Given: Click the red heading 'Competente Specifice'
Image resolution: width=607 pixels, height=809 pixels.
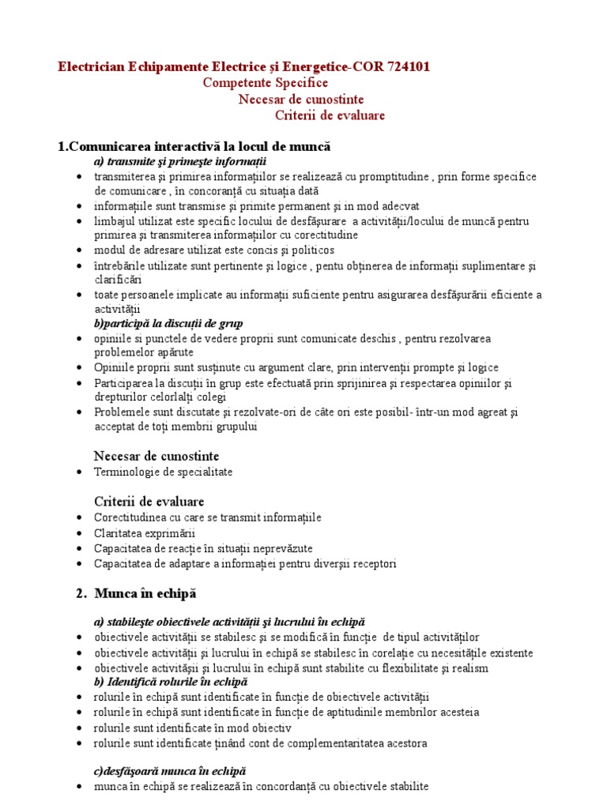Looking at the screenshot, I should [x=265, y=83].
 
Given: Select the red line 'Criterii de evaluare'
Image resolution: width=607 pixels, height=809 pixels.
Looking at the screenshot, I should [x=330, y=115].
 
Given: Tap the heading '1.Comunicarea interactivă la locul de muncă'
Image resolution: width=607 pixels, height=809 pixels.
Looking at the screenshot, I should [x=194, y=147].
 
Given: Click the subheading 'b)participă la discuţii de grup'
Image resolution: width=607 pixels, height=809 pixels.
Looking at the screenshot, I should [x=168, y=323].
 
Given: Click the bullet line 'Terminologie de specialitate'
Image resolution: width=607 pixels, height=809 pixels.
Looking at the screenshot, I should [x=163, y=472].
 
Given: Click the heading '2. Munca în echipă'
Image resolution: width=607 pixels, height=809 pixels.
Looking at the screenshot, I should [x=139, y=593].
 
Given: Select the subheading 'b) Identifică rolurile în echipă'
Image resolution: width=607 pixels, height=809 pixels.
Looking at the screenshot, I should [x=171, y=681].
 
